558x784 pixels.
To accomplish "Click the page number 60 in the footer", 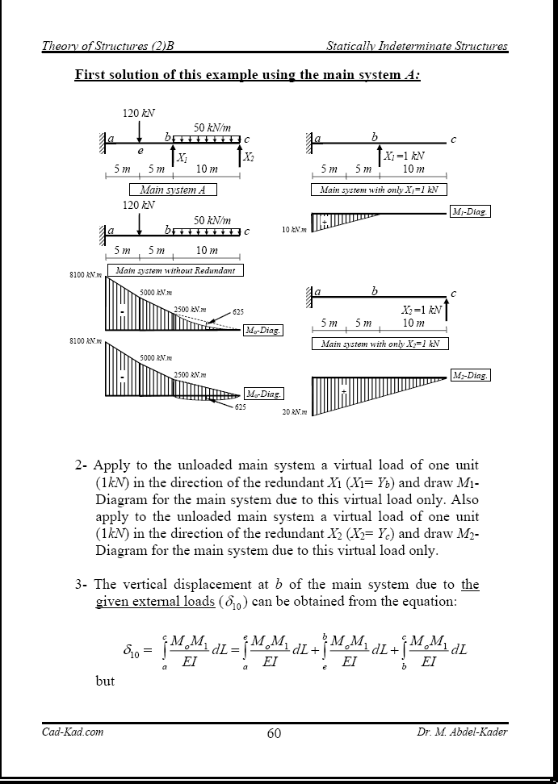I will (x=274, y=733).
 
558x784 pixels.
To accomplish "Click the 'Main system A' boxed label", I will (x=173, y=190).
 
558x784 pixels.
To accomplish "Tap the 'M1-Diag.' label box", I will (x=469, y=212).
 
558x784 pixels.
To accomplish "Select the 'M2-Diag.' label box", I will (x=469, y=375).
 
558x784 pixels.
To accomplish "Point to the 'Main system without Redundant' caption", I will (x=175, y=270).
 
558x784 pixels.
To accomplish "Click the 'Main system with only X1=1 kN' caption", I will (x=379, y=190).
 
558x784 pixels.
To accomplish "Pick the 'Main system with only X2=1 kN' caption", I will (x=379, y=344).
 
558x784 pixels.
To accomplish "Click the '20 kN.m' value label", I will (x=292, y=411).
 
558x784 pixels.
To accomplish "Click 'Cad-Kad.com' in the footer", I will (x=73, y=732).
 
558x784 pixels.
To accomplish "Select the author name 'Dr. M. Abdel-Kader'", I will (x=462, y=732).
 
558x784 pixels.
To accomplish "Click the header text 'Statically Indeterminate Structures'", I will (x=417, y=46).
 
